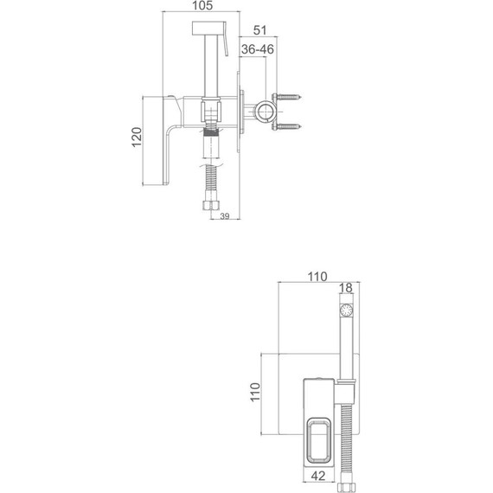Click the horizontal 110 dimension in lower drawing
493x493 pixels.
click(x=316, y=277)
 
